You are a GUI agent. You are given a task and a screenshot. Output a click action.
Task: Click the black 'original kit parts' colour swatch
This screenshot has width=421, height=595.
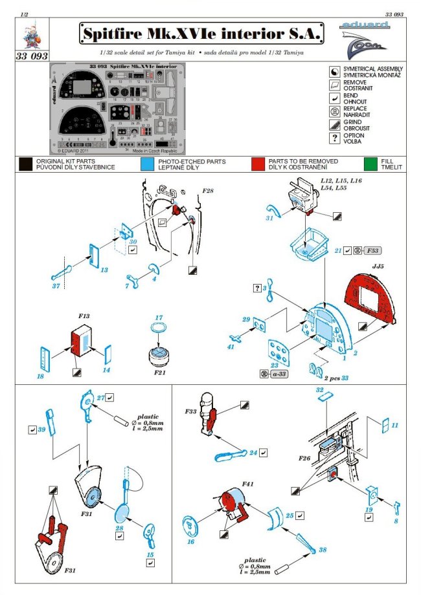26,164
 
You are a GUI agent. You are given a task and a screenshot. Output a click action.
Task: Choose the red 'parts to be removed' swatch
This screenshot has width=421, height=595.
259,164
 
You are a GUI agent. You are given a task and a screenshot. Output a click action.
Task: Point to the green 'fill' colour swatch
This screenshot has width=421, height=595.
370,164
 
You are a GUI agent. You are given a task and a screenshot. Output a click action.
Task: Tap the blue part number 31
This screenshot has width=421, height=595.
268,219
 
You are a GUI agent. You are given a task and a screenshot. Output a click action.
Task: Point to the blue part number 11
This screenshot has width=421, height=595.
394,425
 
